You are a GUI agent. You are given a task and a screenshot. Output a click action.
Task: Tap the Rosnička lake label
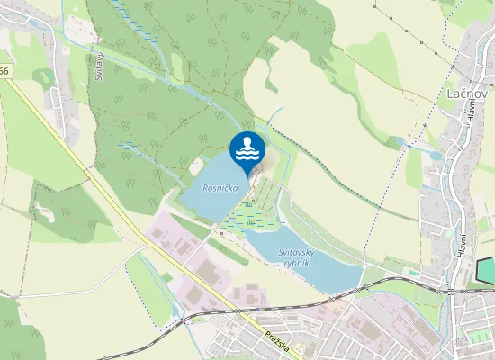coord(220,189)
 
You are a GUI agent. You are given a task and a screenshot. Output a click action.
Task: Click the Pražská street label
coord(278,342)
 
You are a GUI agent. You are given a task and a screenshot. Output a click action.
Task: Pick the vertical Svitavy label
coord(100,66)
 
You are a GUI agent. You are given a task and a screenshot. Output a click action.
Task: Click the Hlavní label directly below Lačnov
coord(470,112)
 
